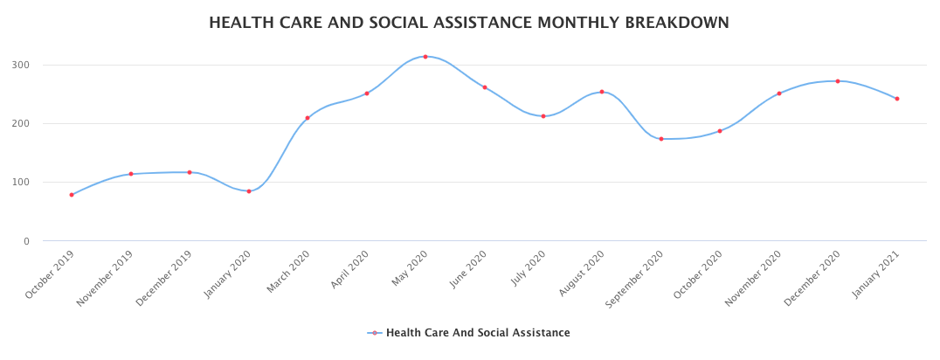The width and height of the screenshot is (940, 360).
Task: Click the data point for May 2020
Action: pyautogui.click(x=425, y=57)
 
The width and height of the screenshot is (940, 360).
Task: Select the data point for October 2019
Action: pyautogui.click(x=72, y=195)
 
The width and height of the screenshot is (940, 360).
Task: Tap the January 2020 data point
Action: pyautogui.click(x=249, y=191)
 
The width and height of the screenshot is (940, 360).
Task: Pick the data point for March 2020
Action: pyautogui.click(x=308, y=118)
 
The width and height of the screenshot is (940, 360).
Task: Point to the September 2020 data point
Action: pyautogui.click(x=661, y=139)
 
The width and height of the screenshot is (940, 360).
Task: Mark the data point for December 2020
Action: pyautogui.click(x=838, y=81)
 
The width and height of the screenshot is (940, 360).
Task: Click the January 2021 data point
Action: pyautogui.click(x=897, y=99)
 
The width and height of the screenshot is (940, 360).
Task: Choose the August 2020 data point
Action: pyautogui.click(x=602, y=92)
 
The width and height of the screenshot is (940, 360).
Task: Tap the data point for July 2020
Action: pyautogui.click(x=543, y=116)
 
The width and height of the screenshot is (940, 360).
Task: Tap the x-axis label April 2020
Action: pyautogui.click(x=349, y=271)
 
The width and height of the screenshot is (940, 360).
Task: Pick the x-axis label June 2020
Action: pyautogui.click(x=467, y=271)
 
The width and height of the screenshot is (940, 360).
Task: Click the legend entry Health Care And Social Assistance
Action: pyautogui.click(x=477, y=333)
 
